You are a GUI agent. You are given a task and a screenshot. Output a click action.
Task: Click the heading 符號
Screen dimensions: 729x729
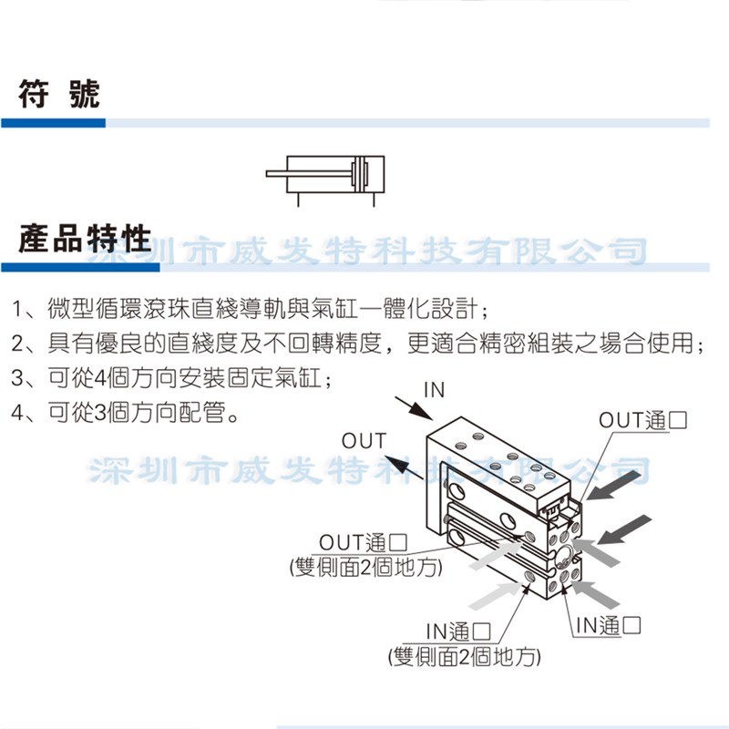tap(59, 95)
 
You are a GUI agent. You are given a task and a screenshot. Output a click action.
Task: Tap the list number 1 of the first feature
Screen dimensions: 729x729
tap(18, 308)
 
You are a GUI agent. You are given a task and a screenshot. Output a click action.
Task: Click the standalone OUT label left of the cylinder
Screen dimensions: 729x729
tap(364, 441)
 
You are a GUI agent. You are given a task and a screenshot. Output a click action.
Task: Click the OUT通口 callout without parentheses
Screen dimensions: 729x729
tap(642, 420)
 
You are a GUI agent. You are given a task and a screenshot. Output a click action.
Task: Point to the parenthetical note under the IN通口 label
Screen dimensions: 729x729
tap(464, 656)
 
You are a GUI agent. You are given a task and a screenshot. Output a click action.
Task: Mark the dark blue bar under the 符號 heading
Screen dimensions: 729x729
tap(53, 122)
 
